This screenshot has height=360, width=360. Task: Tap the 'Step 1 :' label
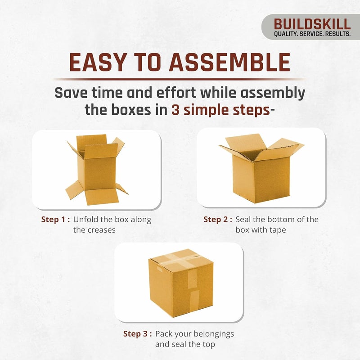coord(55,220)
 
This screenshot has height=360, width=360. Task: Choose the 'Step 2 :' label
coord(218,220)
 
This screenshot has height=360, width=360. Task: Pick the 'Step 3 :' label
coord(138,334)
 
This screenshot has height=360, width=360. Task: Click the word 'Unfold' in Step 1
coord(86,220)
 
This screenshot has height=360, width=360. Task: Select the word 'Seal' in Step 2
coord(244,220)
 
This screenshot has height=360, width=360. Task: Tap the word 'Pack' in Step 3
coord(164,334)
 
